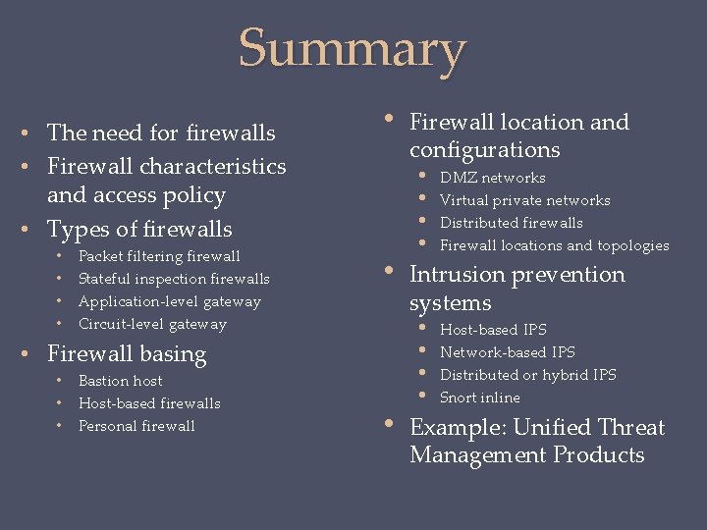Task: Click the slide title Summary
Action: [353, 48]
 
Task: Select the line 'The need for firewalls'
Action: [161, 132]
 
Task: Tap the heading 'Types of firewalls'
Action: [139, 230]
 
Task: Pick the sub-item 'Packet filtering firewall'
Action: [159, 256]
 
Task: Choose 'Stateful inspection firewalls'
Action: [174, 279]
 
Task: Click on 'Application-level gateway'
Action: [169, 301]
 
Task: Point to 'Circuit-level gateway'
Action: [152, 324]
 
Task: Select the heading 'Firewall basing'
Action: [127, 354]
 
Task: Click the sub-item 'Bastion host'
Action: [120, 381]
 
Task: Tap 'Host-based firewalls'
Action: [149, 403]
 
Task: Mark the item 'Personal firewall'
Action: [136, 426]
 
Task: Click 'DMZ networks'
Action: [492, 178]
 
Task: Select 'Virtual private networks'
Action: [524, 200]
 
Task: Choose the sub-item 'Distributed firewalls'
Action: [511, 223]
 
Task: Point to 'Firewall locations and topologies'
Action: [554, 245]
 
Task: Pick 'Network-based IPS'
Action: [508, 352]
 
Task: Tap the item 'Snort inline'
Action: [480, 397]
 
